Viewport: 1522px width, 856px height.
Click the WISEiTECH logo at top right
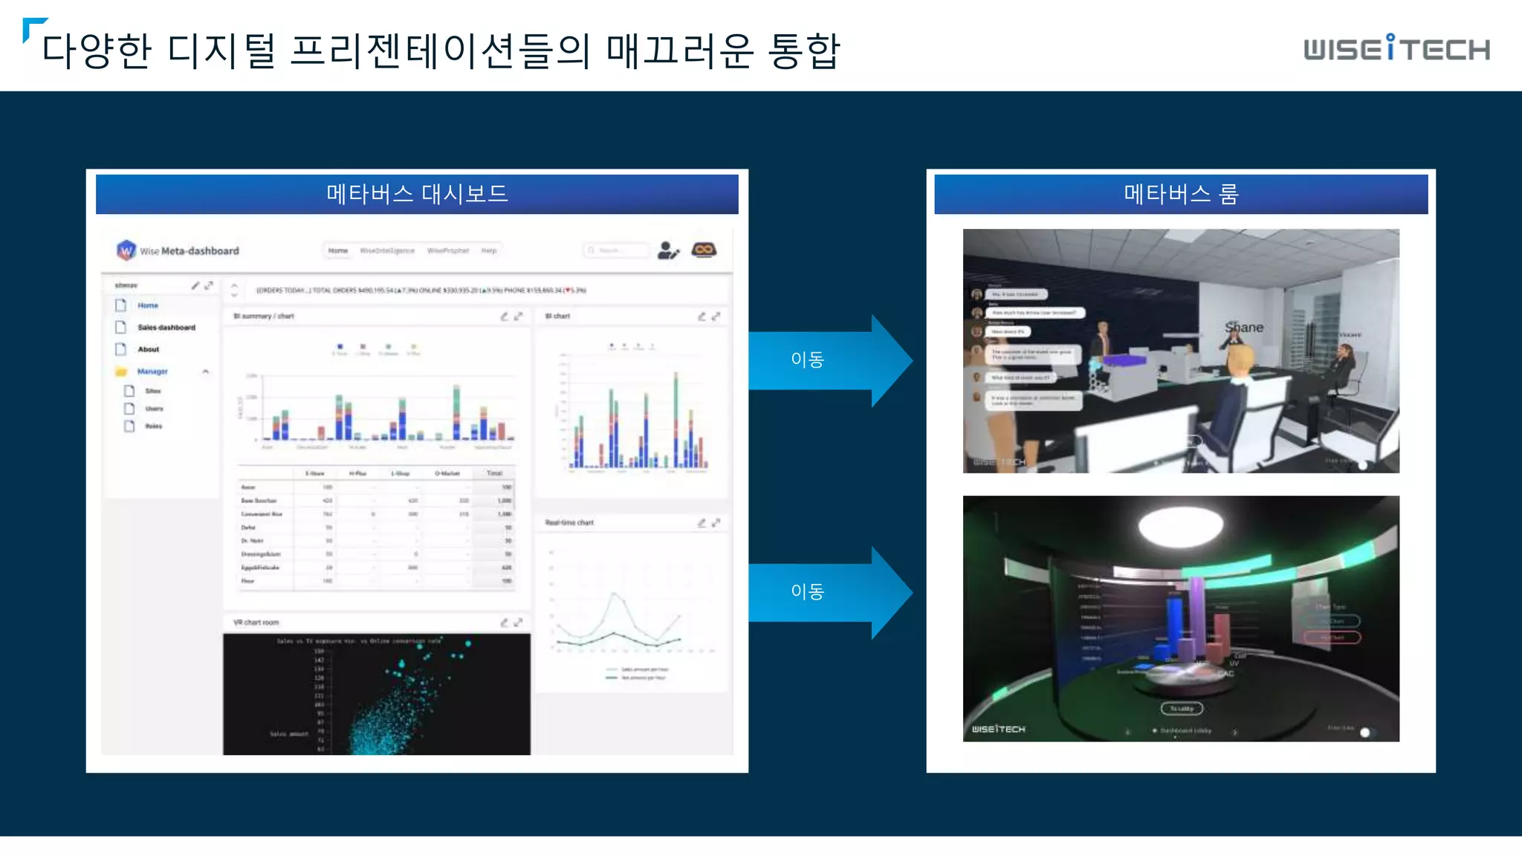point(1396,49)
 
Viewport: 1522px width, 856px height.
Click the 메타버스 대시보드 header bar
point(417,194)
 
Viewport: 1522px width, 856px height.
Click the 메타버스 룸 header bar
point(1180,194)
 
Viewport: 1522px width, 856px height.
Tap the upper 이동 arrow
point(825,360)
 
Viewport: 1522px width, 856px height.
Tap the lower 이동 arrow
point(825,591)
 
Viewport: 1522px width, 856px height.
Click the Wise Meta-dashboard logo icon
point(126,250)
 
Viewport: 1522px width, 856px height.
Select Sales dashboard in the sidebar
point(166,327)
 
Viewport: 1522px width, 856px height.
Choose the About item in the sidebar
point(148,349)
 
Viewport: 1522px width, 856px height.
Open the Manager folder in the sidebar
point(152,371)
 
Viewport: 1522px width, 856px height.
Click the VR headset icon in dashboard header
point(704,250)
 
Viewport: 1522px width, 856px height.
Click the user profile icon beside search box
point(667,250)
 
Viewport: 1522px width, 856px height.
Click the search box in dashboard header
point(615,250)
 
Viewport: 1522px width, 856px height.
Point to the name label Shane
point(1243,328)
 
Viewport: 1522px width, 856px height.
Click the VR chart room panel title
point(256,622)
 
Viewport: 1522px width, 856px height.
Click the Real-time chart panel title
point(569,522)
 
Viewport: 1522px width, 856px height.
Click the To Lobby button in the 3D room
point(1181,708)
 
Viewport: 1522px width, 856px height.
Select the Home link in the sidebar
point(147,305)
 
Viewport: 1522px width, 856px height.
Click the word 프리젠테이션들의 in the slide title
point(440,51)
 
